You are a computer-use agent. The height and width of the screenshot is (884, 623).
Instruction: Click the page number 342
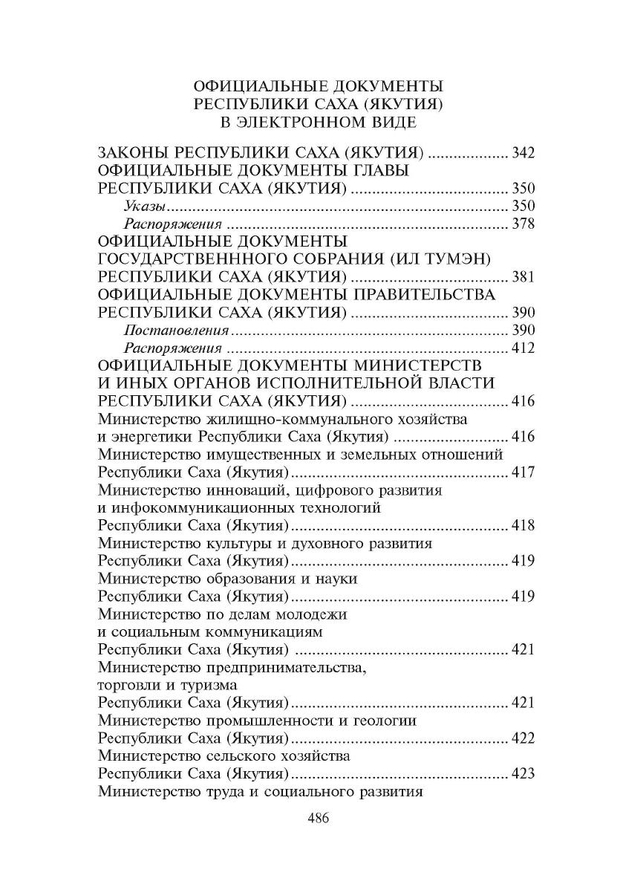(x=523, y=154)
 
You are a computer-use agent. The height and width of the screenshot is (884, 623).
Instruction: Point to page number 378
(x=523, y=224)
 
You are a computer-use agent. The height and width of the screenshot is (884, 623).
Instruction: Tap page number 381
(x=523, y=276)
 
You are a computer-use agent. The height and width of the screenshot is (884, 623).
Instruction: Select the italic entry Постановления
(x=175, y=329)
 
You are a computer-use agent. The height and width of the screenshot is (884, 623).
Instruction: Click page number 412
(x=523, y=347)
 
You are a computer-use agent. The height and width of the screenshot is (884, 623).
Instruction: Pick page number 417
(x=523, y=471)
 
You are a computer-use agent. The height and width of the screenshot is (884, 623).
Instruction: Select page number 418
(x=523, y=526)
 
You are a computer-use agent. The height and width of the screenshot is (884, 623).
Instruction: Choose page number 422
(x=523, y=738)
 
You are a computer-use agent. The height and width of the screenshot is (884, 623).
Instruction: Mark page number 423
(x=523, y=773)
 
